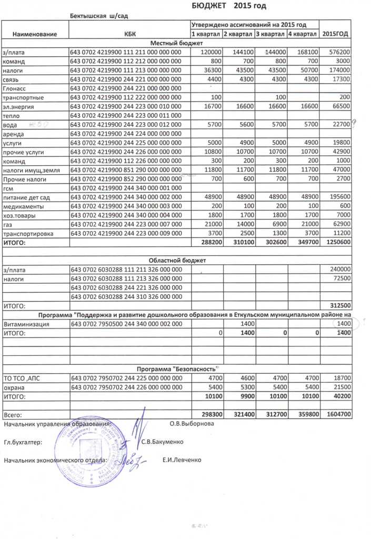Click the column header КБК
point(129,34)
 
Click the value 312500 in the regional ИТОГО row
point(340,305)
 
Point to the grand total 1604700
point(337,415)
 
